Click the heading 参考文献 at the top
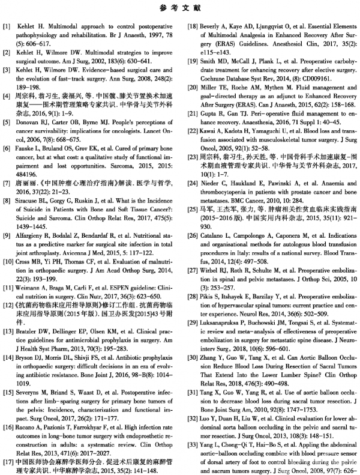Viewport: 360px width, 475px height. click(180, 10)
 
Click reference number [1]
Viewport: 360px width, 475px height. click(7, 28)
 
